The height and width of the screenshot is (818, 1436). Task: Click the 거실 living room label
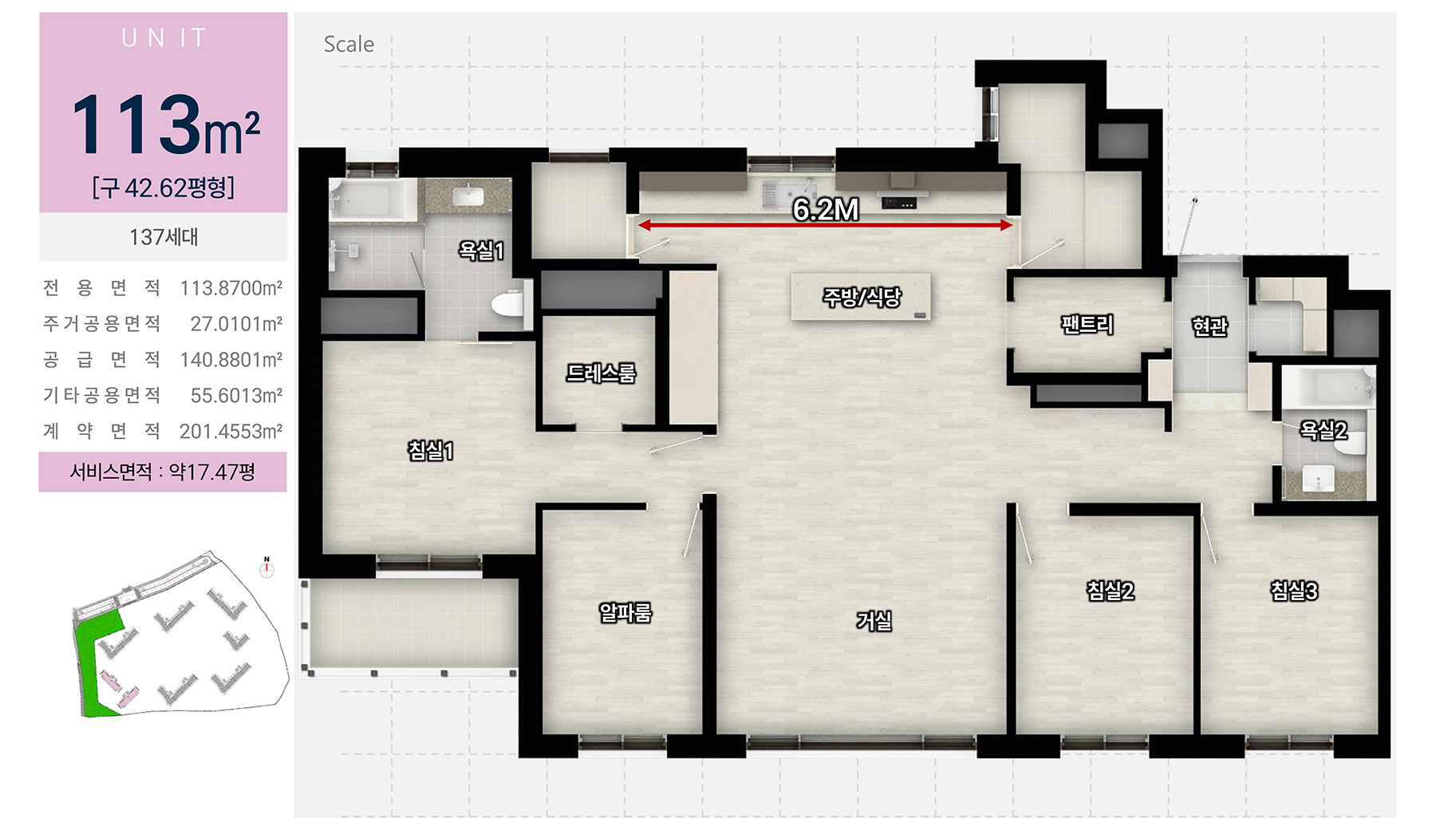(874, 620)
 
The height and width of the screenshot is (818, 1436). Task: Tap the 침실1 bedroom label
(431, 451)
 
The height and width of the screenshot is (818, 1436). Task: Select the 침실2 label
(1110, 591)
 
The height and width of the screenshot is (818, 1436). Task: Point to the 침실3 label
(1294, 591)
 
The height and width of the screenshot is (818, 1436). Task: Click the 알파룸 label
(625, 612)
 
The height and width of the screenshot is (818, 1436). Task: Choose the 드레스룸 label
(601, 373)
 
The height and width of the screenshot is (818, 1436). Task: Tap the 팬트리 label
(1087, 324)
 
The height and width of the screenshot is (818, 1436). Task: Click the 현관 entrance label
(1209, 326)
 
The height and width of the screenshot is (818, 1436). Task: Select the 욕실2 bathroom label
(1324, 430)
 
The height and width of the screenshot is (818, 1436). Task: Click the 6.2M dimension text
(826, 209)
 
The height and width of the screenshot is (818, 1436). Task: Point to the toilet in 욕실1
(507, 304)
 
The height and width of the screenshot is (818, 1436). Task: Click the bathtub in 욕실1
(373, 199)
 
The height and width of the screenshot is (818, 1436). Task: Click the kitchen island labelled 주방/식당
(861, 297)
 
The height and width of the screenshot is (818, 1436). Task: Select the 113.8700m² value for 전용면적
(231, 288)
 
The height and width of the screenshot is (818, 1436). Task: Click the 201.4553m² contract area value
(231, 432)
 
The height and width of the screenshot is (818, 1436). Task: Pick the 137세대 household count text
(164, 237)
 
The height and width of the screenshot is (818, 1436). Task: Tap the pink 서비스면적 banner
(163, 472)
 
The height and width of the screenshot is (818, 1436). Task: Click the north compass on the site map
(266, 568)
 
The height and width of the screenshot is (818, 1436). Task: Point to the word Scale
(349, 45)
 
